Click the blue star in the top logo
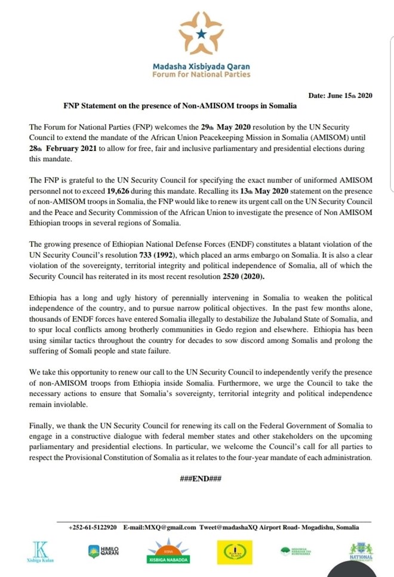coord(201,35)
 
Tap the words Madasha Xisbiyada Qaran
coord(201,67)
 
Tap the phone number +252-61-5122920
coord(93,527)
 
